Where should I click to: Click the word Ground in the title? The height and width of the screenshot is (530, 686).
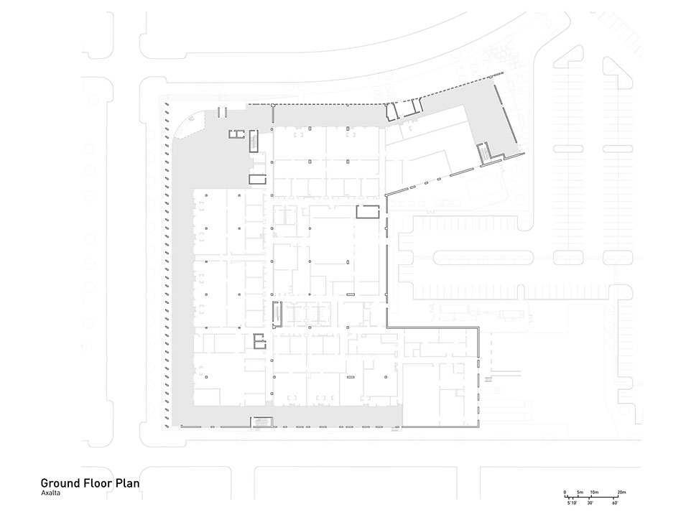click(60, 483)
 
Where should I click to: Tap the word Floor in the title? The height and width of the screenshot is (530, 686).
click(97, 483)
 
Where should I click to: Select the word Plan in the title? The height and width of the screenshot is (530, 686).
click(127, 483)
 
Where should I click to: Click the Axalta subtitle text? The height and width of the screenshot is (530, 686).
click(50, 493)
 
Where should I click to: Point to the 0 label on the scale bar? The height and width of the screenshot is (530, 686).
click(565, 493)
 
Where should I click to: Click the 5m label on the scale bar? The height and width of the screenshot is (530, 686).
click(580, 493)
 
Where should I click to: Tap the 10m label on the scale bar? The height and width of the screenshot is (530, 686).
click(594, 493)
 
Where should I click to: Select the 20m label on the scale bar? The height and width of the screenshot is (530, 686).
click(621, 493)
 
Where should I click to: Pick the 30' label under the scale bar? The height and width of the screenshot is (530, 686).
click(590, 503)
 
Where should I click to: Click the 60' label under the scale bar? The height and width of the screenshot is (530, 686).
click(615, 503)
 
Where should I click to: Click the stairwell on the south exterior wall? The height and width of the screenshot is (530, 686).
click(261, 422)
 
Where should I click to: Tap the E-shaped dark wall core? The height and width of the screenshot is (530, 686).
click(260, 341)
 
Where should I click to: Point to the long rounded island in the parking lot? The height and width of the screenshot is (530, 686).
click(483, 258)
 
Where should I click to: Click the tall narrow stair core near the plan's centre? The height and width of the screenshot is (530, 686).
click(277, 314)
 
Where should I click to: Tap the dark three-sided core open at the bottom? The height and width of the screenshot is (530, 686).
click(368, 212)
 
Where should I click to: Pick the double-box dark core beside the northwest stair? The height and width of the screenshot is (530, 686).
click(236, 134)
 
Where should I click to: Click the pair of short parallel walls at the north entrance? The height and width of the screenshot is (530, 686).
click(222, 112)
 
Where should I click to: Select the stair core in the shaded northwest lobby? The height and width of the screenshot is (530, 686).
click(254, 141)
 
